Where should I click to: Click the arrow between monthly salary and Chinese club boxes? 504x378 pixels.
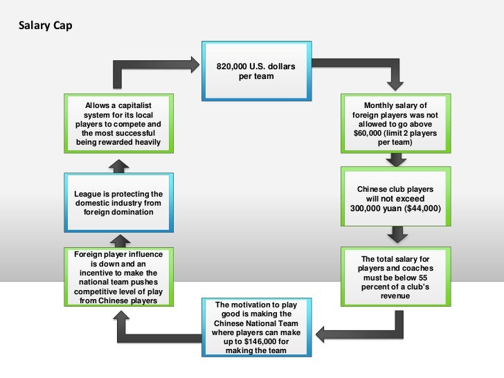395,160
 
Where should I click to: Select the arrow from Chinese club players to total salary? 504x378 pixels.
395,236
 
